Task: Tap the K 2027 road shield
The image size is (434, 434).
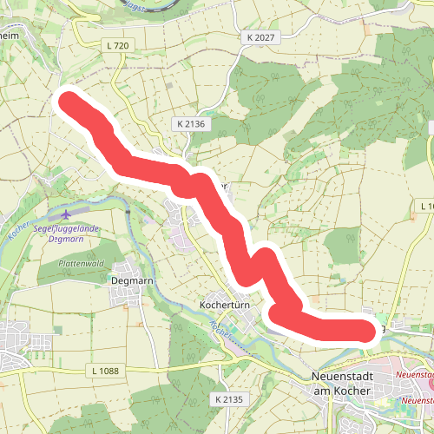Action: pos(260,37)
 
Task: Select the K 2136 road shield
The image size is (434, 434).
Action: pos(188,124)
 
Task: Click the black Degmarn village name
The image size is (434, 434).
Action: pos(132,280)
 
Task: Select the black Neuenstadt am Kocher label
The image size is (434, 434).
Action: pos(340,385)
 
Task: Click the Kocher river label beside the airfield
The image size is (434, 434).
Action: pos(19,228)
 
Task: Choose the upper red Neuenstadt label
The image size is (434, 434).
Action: pos(413,373)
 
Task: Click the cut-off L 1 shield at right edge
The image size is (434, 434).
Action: pos(425,206)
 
